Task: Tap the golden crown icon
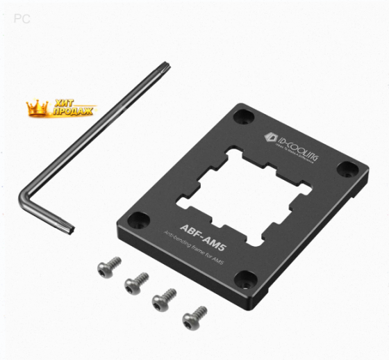tap(36, 107)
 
